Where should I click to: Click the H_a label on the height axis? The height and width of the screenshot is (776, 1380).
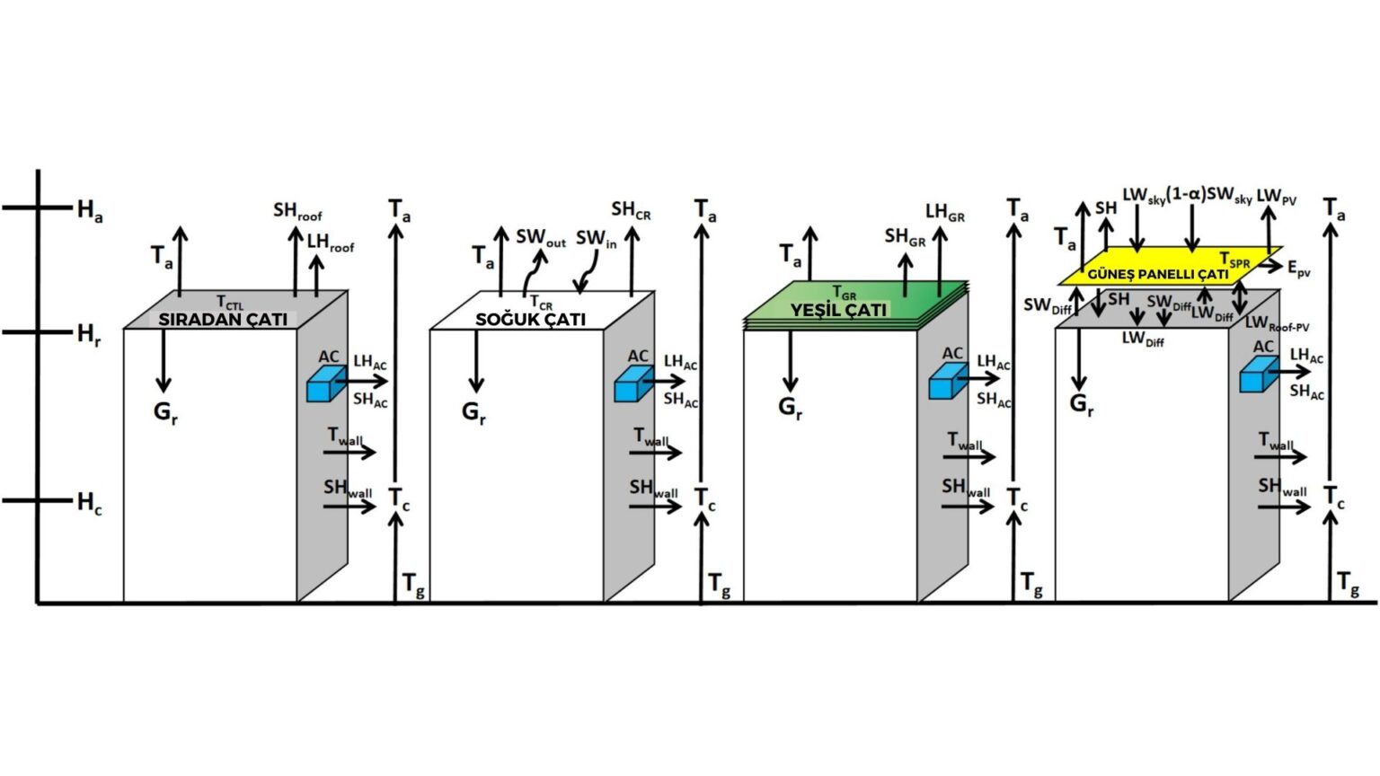pyautogui.click(x=89, y=211)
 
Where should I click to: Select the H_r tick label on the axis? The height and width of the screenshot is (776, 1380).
pyautogui.click(x=88, y=335)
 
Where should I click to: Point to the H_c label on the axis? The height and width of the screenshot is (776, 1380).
pyautogui.click(x=89, y=503)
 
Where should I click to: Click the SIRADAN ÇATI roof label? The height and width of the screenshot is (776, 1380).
pyautogui.click(x=223, y=319)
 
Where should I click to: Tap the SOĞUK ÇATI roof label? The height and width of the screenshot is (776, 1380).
pyautogui.click(x=530, y=319)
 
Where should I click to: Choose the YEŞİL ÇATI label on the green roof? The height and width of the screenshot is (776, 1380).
pyautogui.click(x=838, y=310)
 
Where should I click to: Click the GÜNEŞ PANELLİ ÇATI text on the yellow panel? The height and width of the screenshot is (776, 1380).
pyautogui.click(x=1157, y=274)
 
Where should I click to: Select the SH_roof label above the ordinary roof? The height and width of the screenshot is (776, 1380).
pyautogui.click(x=297, y=212)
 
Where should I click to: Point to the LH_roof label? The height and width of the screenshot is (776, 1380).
pyautogui.click(x=331, y=242)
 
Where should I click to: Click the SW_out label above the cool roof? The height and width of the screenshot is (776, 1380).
pyautogui.click(x=541, y=238)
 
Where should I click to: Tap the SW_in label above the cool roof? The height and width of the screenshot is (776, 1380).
pyautogui.click(x=597, y=239)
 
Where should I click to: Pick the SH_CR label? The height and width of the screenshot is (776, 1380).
pyautogui.click(x=631, y=210)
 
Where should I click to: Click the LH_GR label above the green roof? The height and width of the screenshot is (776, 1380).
pyautogui.click(x=945, y=213)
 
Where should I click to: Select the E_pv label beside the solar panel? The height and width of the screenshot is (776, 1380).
pyautogui.click(x=1298, y=269)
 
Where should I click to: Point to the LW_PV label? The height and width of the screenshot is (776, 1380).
pyautogui.click(x=1276, y=197)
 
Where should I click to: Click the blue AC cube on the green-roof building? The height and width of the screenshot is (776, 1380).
pyautogui.click(x=947, y=381)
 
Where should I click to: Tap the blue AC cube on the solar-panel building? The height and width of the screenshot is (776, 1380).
pyautogui.click(x=1259, y=375)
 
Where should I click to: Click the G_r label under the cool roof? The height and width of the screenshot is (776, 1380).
pyautogui.click(x=473, y=412)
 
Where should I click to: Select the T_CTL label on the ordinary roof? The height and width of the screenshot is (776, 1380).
pyautogui.click(x=229, y=303)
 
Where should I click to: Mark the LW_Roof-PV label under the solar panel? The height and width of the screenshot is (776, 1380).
pyautogui.click(x=1277, y=323)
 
